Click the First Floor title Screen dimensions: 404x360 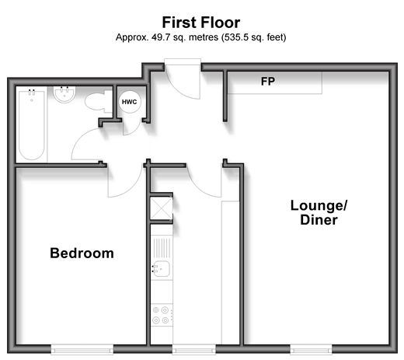pos(201,23)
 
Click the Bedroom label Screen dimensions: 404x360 pos(82,253)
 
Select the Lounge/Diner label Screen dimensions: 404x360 pos(319,212)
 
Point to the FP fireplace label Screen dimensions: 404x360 pos(268,82)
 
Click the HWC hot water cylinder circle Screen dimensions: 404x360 pos(130,102)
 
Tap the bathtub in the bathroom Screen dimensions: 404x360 pos(32,124)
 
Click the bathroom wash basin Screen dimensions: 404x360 pos(64,95)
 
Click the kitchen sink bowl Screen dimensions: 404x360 pos(162,269)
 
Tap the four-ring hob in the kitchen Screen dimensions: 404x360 pos(162,315)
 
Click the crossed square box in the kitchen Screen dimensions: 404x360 pos(162,208)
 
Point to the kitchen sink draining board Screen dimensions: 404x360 pos(162,248)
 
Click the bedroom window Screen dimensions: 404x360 pos(82,349)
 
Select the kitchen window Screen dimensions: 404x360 pos(194,349)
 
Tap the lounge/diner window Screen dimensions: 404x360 pos(311,349)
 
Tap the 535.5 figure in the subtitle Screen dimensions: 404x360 pos(233,37)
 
